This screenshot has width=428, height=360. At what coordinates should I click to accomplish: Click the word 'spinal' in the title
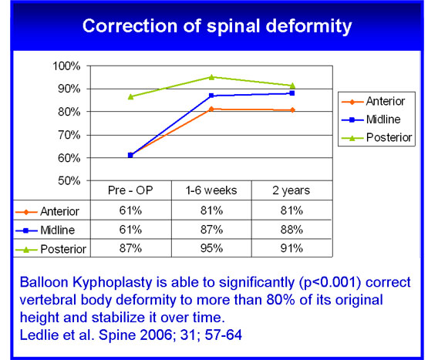(x=233, y=27)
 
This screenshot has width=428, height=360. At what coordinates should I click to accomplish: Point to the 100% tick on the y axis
(x=66, y=66)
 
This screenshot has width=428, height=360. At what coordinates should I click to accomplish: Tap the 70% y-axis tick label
(x=69, y=135)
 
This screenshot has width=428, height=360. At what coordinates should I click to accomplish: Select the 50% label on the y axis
(x=69, y=180)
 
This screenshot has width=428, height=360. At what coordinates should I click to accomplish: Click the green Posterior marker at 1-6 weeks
(x=211, y=77)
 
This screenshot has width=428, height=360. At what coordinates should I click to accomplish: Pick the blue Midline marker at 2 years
(x=292, y=93)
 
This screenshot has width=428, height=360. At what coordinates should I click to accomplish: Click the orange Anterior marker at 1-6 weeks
(x=211, y=109)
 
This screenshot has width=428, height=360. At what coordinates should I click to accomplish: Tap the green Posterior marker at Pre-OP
(x=130, y=96)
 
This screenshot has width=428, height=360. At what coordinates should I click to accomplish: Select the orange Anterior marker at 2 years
(x=292, y=110)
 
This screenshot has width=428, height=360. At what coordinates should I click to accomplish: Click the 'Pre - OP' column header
(x=130, y=190)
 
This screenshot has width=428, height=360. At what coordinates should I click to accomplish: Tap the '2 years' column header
(x=291, y=190)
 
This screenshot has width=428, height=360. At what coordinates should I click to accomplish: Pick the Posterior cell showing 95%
(x=211, y=248)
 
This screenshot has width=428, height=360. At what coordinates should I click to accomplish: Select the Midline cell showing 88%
(x=292, y=230)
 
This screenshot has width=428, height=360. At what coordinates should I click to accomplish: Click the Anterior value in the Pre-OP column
(x=130, y=210)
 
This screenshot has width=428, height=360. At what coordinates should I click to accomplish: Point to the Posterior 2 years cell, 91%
(x=292, y=248)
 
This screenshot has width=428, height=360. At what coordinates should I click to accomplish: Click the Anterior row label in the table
(x=59, y=211)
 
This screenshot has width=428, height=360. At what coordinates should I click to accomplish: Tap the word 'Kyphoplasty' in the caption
(x=112, y=283)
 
